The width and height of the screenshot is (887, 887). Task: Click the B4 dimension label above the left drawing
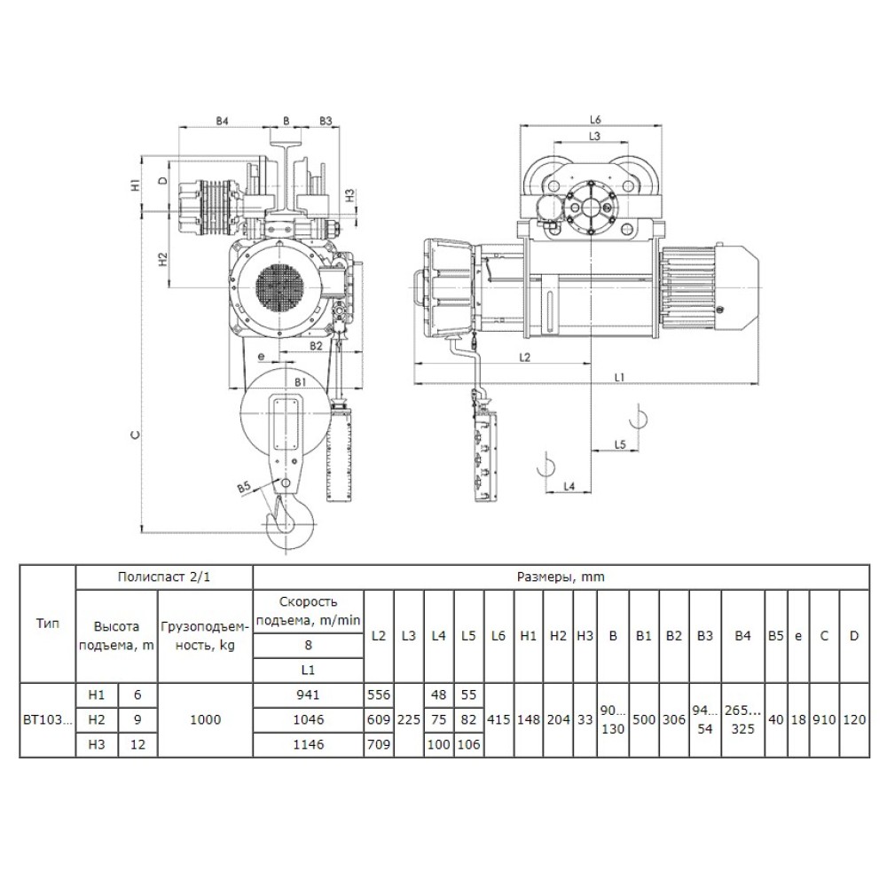click(222, 121)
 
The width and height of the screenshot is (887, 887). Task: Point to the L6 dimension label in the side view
click(594, 120)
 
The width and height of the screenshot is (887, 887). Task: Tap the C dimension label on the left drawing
click(135, 435)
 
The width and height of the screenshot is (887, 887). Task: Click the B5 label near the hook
click(243, 488)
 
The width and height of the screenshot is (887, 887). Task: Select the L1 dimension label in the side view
click(620, 377)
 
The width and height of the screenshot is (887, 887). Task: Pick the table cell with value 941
click(308, 695)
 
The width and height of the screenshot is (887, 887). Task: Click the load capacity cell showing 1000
click(206, 719)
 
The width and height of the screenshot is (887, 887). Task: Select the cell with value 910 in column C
click(824, 719)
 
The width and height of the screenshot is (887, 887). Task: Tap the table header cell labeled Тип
click(48, 624)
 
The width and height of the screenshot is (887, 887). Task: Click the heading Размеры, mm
click(561, 577)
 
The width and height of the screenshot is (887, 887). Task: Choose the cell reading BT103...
click(48, 719)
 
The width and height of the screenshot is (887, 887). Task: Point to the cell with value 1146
click(308, 744)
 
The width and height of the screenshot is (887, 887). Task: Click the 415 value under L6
click(498, 719)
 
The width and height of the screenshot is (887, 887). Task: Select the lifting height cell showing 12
click(137, 744)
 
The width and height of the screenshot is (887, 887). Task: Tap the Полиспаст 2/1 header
click(164, 577)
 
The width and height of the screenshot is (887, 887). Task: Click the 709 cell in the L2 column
click(379, 744)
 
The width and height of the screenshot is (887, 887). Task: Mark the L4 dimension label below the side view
click(569, 486)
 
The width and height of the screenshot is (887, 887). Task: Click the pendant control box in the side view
click(485, 455)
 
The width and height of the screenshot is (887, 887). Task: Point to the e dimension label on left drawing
click(261, 357)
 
